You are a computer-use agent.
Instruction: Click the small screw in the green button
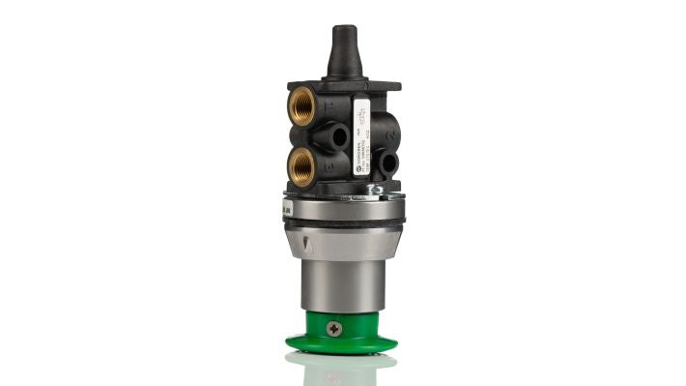click(335, 329)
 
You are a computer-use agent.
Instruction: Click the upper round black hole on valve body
click(338, 136)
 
